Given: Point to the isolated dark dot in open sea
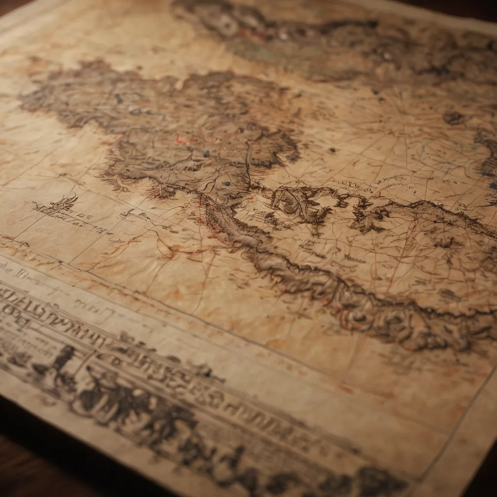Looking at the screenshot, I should tap(332, 150).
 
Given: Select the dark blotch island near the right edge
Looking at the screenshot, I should tap(454, 117).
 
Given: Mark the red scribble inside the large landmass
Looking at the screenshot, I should tap(182, 140).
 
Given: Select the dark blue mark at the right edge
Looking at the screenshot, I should tap(493, 186).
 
